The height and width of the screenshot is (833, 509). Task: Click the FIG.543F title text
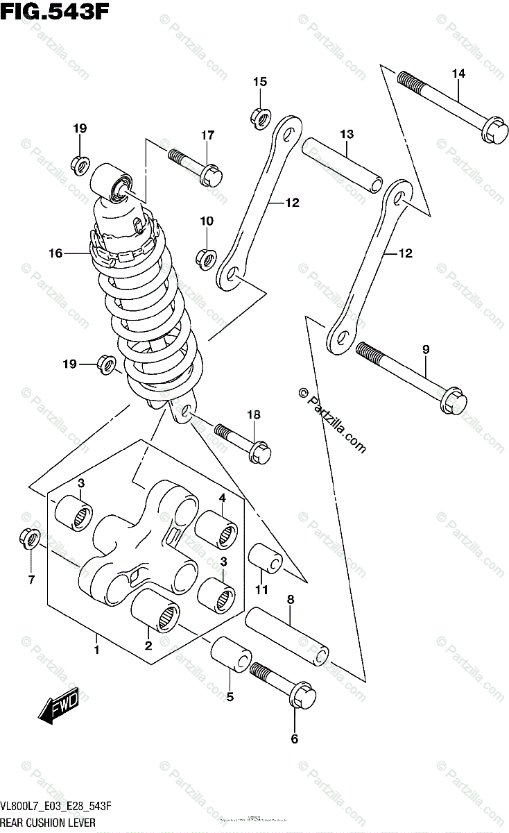click(55, 12)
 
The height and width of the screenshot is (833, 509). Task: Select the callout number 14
click(458, 74)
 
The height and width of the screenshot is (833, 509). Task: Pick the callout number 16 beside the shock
click(55, 254)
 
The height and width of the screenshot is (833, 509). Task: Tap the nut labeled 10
click(206, 259)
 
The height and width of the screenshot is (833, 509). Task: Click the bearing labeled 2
click(157, 609)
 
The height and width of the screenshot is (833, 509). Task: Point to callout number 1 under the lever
click(97, 650)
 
